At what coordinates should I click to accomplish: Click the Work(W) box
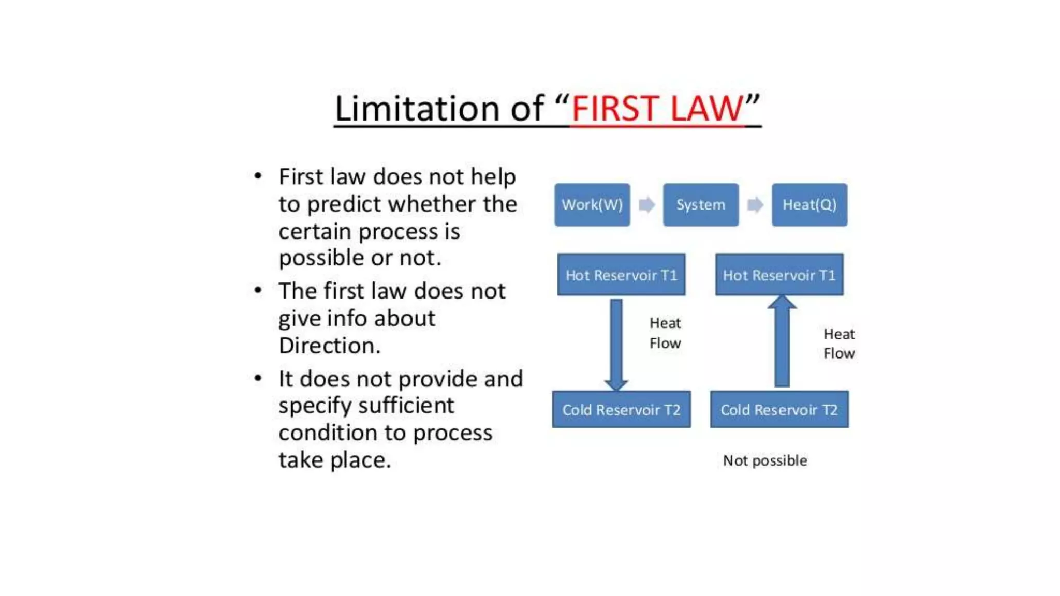point(592,204)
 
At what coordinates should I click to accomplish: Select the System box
point(700,204)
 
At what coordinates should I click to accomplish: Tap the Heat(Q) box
point(809,204)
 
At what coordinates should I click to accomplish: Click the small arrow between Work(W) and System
point(646,205)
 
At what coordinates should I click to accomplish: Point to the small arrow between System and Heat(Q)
point(755,205)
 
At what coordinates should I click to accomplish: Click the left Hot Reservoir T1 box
point(621,275)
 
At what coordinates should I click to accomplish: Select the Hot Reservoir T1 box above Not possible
point(779,275)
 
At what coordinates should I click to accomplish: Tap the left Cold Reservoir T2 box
point(621,409)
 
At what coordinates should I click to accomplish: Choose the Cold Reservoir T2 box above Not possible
point(779,409)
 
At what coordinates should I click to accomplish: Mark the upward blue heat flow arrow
point(782,341)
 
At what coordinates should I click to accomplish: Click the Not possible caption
point(764,460)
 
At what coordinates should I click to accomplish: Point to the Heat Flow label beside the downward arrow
point(665,333)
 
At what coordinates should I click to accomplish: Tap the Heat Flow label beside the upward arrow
point(838,344)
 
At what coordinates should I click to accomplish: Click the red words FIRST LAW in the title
point(657,109)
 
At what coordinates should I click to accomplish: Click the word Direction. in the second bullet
point(329,346)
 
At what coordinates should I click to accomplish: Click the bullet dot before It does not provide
point(258,378)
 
